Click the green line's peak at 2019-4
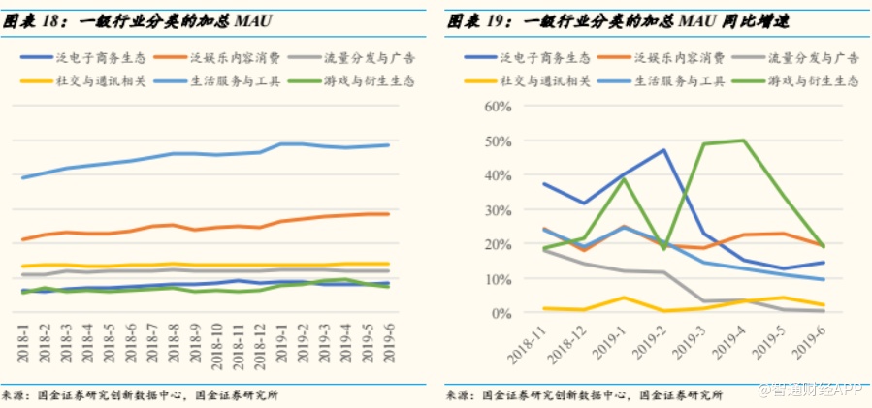coord(743,141)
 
